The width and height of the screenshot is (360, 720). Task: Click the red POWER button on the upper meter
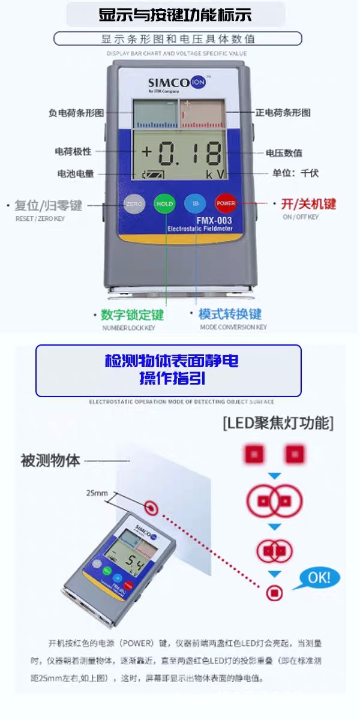tap(226, 203)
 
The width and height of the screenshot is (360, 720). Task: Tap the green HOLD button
tap(164, 203)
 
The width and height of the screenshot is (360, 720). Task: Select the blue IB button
tap(195, 203)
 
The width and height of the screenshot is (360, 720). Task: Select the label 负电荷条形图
tap(76, 113)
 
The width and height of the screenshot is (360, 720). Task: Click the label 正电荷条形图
tap(283, 113)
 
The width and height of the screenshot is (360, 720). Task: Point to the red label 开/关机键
tap(308, 204)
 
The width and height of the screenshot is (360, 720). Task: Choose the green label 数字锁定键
tap(132, 315)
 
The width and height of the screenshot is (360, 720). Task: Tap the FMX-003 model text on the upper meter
tap(214, 221)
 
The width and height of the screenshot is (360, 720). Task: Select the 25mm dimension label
tap(97, 493)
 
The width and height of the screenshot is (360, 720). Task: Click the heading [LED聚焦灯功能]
tap(278, 423)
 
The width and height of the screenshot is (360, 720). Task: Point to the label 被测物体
tap(50, 461)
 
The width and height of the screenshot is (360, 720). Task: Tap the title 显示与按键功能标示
tap(175, 15)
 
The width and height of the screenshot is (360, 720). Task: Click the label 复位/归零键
tap(48, 205)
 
